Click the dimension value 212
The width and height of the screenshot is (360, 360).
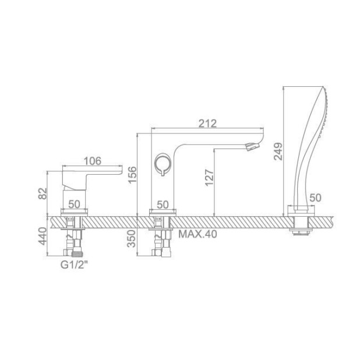(x=207, y=123)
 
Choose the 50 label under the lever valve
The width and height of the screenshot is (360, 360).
(x=75, y=204)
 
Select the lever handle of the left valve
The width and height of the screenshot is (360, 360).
(x=93, y=172)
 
